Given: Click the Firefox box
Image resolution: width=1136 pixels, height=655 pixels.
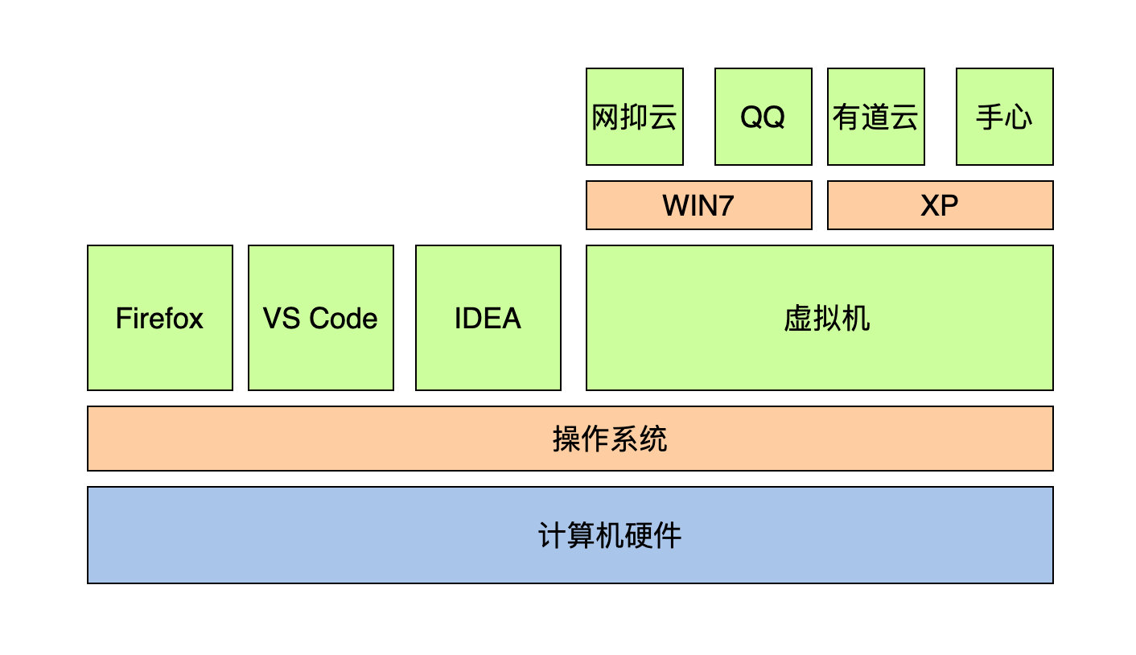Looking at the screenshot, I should pos(159,318).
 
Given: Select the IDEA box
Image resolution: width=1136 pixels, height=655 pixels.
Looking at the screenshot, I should pos(488,318).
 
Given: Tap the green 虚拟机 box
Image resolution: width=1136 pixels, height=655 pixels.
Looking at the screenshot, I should pos(819,318).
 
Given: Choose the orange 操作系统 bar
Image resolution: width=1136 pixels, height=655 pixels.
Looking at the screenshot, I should pos(570,439).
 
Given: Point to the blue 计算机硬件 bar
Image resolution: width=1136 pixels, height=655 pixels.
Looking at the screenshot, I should pos(570,535).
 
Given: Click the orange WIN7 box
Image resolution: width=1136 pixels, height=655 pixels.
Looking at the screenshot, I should pos(698,205).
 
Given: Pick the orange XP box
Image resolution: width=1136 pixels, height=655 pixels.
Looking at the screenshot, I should pos(940,205).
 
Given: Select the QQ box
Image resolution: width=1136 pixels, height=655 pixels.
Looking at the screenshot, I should pos(763,117).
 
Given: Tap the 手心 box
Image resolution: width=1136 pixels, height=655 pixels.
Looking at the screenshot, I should pos(1004,117).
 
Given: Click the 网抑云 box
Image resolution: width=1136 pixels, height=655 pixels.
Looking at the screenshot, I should pos(634,117).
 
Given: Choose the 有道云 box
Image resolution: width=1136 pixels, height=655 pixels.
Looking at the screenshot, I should pos(875,117).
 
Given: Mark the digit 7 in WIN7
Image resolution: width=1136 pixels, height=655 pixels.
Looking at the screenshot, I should pos(725,206).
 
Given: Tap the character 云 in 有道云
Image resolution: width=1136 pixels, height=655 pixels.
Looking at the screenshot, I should pos(904,117).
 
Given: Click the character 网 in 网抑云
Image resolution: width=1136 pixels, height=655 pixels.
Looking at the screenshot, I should pos(605,117).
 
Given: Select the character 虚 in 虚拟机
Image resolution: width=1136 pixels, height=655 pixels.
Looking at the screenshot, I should pos(797,319).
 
